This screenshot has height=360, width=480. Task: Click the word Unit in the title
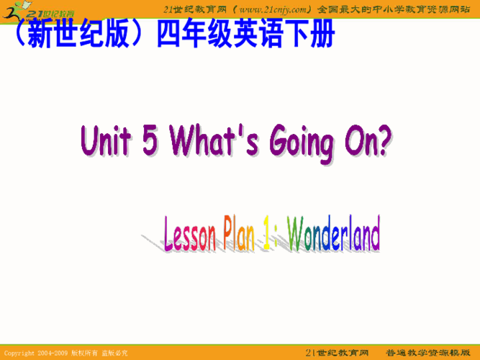click(107, 140)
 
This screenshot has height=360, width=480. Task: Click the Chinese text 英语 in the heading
click(261, 35)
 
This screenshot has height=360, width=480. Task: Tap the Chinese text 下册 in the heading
click(313, 35)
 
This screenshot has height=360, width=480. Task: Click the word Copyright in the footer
click(19, 354)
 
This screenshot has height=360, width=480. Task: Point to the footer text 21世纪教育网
click(338, 353)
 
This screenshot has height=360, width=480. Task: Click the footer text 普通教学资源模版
click(432, 353)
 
